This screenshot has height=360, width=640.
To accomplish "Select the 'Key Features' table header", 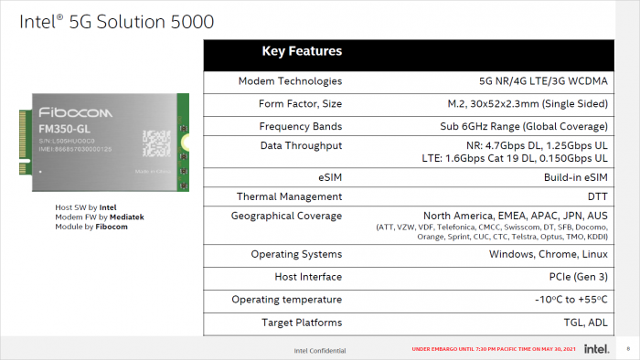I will click(302, 51).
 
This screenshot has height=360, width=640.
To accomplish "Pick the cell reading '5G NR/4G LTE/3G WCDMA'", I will click(547, 81).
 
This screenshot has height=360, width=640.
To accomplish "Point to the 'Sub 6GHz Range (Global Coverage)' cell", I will click(524, 126).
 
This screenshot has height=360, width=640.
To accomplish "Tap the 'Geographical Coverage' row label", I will click(283, 216).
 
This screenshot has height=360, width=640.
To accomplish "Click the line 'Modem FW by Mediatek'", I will click(100, 217).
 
